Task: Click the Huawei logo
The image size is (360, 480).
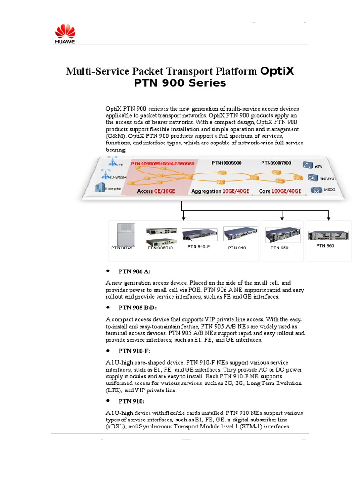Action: point(65,35)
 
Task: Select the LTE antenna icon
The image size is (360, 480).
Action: point(112,162)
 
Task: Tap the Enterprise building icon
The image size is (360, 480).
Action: point(99,187)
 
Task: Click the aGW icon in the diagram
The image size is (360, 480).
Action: point(307,165)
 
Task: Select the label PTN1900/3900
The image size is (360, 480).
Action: point(226,163)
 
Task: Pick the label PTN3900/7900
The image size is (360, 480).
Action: point(276,163)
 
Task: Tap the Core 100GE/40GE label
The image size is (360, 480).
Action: point(280,192)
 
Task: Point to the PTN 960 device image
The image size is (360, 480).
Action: point(325,234)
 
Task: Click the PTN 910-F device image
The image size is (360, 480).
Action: point(200,235)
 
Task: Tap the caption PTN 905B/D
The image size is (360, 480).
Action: point(160,247)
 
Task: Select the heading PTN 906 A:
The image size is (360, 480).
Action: point(135,271)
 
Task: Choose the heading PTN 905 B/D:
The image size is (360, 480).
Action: point(137,307)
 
